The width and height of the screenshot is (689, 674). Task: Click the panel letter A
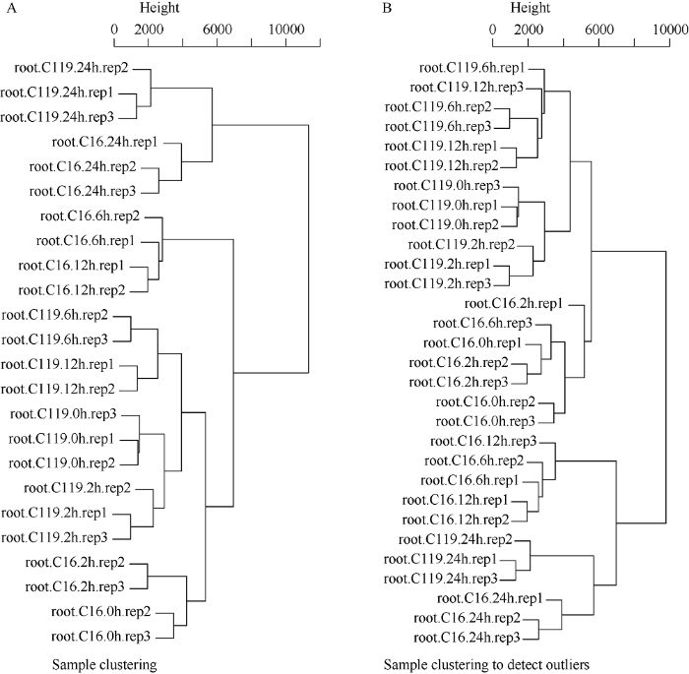[12, 8]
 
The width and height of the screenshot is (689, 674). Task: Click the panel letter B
[387, 8]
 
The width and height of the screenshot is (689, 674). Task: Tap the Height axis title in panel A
[159, 8]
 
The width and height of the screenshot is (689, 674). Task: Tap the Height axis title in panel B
[530, 8]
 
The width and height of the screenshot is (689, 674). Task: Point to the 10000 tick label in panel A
[286, 30]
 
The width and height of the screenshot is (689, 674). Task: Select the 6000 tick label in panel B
[599, 30]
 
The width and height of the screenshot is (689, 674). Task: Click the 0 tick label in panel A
[115, 30]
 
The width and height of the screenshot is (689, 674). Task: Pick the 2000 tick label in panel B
[529, 30]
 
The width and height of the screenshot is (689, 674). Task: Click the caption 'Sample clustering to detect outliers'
[486, 665]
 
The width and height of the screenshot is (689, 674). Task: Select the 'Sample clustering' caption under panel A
[104, 665]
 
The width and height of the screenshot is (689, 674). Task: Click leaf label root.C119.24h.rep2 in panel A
[71, 68]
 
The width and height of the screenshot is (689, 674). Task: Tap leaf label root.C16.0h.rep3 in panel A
[100, 637]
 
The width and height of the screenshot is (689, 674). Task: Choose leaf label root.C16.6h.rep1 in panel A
[86, 241]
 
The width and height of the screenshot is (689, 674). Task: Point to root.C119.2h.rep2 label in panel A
[78, 488]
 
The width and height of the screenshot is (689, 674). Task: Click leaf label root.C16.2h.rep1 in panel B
[514, 304]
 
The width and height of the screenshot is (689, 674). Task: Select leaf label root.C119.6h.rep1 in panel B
[471, 68]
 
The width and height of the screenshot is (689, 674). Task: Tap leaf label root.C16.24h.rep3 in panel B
[468, 638]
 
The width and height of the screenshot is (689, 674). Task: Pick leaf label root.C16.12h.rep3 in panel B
[483, 441]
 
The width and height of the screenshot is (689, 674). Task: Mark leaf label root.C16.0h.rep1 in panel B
[472, 342]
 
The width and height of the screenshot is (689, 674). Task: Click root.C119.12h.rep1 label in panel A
[57, 364]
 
